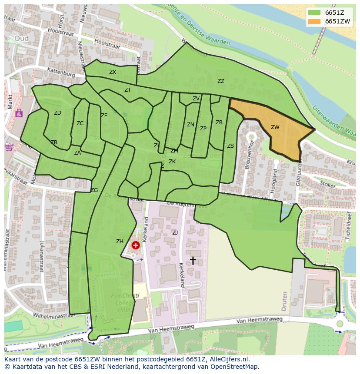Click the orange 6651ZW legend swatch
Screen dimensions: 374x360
point(315,21)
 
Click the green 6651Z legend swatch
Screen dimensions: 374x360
point(315,13)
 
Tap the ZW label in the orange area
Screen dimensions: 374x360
point(275,127)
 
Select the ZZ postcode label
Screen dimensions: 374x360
point(221,81)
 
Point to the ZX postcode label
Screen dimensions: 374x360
point(113,72)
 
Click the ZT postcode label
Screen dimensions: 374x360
point(127,90)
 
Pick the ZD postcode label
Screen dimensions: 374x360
point(57,113)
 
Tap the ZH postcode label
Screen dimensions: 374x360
point(120,242)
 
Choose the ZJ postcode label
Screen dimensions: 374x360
point(175,233)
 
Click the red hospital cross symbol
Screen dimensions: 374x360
point(136,245)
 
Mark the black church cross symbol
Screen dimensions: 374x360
point(193,260)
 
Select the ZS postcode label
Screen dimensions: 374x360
point(230,146)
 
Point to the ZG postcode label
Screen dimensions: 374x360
point(94,190)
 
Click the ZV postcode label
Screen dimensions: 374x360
point(196,99)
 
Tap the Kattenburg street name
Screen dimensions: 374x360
point(61,72)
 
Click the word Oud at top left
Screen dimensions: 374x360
point(21,38)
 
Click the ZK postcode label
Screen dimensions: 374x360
point(172,162)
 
